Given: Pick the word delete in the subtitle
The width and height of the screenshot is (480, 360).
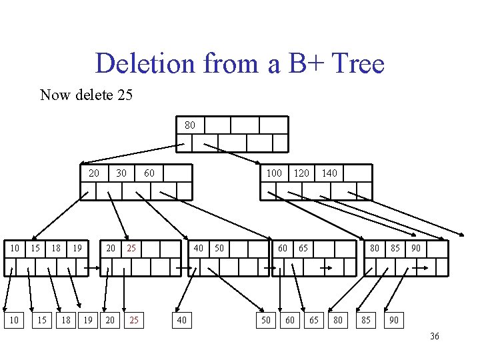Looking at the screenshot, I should point(91,95).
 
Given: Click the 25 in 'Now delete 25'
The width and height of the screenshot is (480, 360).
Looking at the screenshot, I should point(125,95).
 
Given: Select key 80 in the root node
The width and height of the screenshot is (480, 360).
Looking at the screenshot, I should point(190,125).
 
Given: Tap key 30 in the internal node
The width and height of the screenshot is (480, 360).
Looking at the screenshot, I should point(121,173).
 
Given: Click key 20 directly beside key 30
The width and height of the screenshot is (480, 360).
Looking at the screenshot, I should point(94,173).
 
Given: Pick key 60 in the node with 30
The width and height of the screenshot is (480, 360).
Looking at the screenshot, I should point(149,173).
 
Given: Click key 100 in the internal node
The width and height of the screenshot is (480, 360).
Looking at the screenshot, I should point(274,173).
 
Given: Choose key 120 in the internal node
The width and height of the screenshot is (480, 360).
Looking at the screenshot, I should point(302,173).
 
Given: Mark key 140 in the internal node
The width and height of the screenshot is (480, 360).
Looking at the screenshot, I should point(329,173).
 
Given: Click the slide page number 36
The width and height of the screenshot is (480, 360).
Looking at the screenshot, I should point(434,337).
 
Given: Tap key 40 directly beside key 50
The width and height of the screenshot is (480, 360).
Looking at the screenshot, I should point(199,249).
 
